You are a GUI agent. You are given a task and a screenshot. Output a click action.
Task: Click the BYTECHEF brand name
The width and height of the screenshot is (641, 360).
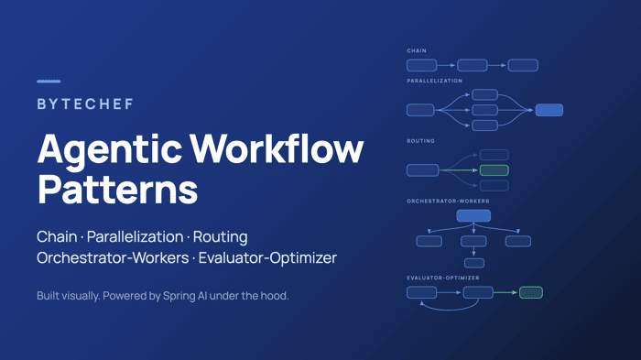point(85,104)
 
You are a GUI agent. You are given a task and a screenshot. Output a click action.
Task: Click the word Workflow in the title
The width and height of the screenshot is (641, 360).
point(277,147)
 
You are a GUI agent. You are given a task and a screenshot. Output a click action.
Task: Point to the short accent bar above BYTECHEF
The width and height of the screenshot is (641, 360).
point(49,82)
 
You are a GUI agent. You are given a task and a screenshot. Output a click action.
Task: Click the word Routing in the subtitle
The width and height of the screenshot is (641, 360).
point(220,237)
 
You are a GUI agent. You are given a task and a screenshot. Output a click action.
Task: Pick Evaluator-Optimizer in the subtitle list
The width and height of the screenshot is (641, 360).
point(267,257)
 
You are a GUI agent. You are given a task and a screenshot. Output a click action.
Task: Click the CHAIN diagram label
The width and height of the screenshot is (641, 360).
point(417,50)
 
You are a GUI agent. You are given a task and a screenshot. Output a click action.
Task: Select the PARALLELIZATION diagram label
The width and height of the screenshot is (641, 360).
point(435,81)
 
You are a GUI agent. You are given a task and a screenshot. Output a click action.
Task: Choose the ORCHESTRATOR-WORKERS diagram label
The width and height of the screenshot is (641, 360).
point(448,202)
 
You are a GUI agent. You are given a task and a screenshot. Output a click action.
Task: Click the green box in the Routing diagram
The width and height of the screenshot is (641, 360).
point(494,170)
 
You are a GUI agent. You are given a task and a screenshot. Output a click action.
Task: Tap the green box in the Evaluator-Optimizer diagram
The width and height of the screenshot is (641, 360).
point(531,292)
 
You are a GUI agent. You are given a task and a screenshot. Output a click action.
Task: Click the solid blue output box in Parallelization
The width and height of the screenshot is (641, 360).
point(549,110)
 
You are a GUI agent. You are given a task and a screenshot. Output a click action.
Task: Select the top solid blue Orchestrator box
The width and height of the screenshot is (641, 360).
point(473,215)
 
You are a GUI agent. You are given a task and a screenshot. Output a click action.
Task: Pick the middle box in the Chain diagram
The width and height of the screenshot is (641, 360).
point(473,65)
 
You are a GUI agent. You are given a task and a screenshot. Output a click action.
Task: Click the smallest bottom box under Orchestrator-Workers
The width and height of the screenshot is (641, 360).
point(474,263)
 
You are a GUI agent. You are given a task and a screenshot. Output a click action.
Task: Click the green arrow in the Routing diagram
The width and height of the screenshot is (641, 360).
point(459,170)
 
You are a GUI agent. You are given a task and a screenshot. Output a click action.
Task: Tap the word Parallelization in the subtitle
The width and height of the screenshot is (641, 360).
point(135,237)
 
